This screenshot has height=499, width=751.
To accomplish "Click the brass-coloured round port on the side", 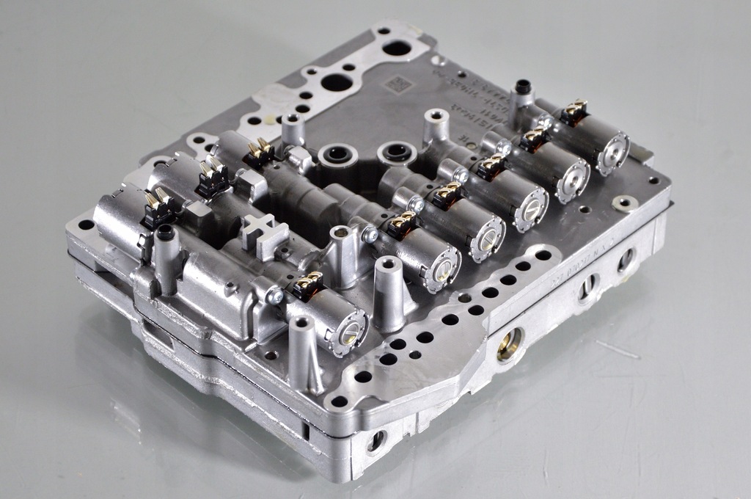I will click(509, 343).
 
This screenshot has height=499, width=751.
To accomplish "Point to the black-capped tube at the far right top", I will click(522, 89).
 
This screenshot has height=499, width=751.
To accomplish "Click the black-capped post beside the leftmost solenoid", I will click(165, 235).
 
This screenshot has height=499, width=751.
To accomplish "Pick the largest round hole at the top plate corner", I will click(397, 48).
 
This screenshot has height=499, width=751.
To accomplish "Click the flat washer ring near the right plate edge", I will click(625, 203).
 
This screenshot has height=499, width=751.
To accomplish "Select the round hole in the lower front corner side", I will click(375, 441).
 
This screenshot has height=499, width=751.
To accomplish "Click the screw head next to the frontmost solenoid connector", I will click(275, 296).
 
